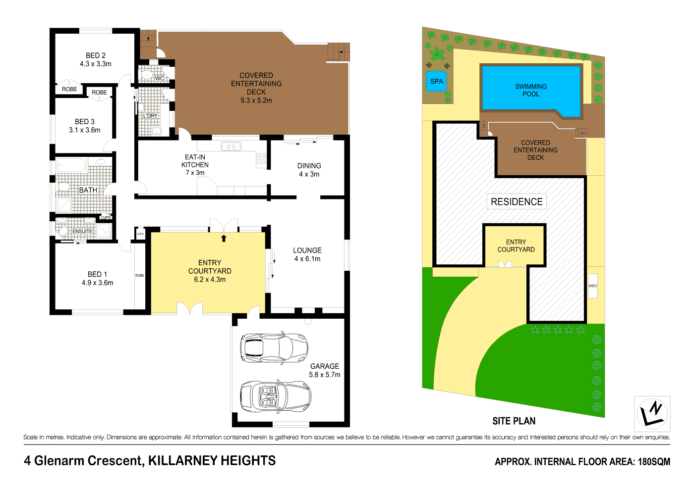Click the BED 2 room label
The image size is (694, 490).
96,56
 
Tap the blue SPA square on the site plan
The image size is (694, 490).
437,82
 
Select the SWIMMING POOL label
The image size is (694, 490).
531,90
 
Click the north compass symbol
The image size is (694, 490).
652,414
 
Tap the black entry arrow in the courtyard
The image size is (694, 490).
224,239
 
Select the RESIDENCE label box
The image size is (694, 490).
517,201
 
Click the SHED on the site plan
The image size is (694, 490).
592,286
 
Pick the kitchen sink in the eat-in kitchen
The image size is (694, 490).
231,146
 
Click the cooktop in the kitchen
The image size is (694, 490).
261,159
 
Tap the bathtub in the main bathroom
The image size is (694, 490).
71,165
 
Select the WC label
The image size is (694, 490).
160,78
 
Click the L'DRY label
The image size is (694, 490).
150,116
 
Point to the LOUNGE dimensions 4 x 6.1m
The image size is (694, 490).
307,259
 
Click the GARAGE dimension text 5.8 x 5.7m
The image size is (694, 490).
325,375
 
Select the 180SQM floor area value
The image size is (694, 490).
653,462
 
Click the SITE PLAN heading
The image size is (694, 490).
514,421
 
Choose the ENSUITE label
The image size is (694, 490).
82,231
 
